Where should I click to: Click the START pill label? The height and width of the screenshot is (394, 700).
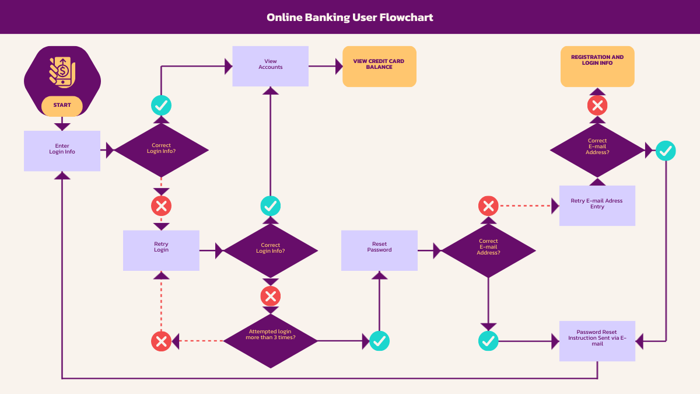pos(62,106)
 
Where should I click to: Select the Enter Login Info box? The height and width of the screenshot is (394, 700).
pos(62,151)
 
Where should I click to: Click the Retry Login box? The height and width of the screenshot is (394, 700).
pos(161,250)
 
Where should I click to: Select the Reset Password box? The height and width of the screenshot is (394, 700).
pos(379,250)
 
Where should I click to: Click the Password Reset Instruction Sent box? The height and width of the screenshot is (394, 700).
pos(597,341)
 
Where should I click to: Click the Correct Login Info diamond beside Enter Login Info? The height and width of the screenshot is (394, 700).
pos(161,151)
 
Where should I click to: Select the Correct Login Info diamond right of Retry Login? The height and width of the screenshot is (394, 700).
pos(270,250)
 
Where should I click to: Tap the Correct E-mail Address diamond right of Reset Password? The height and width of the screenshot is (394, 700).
pos(488,250)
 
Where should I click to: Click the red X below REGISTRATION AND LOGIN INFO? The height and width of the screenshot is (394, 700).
pos(597,106)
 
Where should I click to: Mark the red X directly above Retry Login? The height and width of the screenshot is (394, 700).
pos(161,205)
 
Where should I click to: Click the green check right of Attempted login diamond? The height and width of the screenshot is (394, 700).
pos(379,341)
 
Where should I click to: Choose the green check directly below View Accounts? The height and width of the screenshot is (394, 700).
pos(270,205)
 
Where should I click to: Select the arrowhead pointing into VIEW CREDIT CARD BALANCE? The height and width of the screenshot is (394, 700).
pos(339,67)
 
